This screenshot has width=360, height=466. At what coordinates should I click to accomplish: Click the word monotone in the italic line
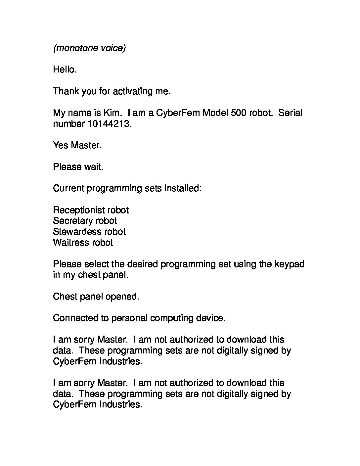[77, 48]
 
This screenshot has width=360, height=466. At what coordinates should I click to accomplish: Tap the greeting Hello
[65, 70]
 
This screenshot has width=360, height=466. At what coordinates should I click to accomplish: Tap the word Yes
[61, 145]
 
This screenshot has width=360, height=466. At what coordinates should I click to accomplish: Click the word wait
[93, 167]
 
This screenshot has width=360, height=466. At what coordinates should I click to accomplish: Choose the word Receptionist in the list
[76, 210]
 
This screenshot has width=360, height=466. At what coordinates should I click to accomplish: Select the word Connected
[76, 318]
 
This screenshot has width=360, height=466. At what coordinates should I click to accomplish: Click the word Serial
[290, 113]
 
